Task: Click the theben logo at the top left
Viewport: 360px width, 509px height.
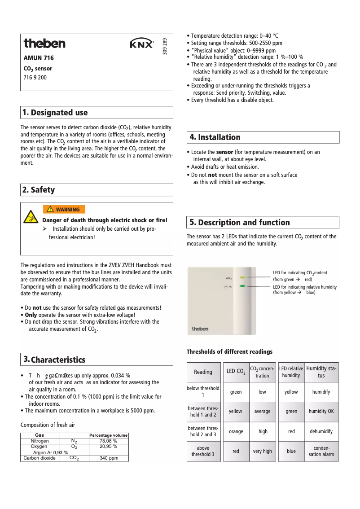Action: coord(44,44)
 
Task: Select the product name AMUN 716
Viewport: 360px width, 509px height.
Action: coord(39,58)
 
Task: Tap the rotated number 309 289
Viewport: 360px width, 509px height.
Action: coord(165,46)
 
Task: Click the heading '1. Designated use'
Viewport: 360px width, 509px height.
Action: coord(55,112)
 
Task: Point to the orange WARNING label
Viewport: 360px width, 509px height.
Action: coord(64,209)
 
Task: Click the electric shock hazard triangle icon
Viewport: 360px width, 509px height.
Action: coord(31,216)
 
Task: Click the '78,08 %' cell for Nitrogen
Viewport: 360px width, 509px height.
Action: coord(108,441)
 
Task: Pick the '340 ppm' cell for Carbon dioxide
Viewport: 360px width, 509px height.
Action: coord(109,458)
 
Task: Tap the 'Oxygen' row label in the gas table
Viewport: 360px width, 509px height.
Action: coord(39,447)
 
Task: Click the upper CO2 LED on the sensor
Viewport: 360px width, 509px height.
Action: coord(242,277)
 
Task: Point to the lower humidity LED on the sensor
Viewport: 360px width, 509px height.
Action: coord(242,286)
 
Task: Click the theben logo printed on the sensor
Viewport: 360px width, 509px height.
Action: coord(200,329)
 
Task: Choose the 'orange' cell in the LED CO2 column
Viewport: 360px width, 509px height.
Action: coord(236,431)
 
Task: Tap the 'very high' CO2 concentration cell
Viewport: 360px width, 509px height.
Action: coord(262,451)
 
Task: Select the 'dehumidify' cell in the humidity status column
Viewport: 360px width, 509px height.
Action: coord(321,431)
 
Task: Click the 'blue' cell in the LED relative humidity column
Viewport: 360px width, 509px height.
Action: coord(291,451)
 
